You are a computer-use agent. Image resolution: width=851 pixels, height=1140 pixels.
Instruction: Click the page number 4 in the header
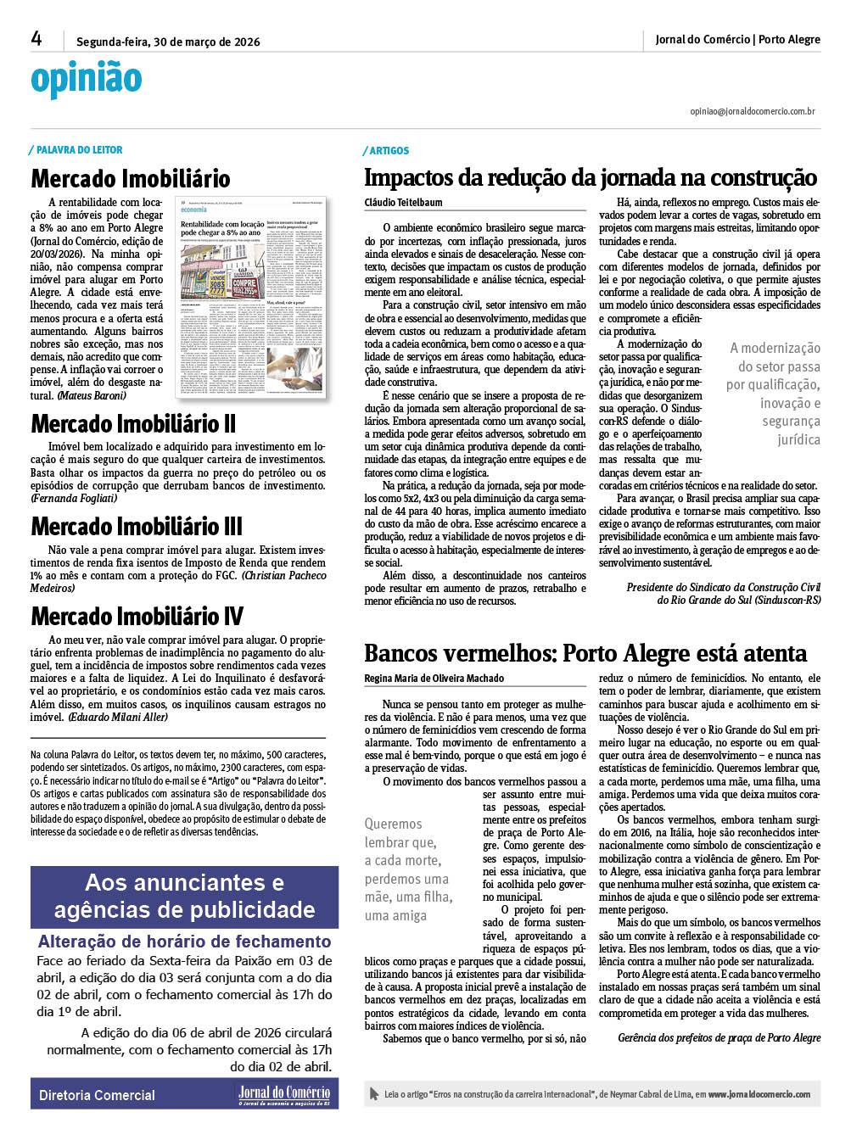(36, 38)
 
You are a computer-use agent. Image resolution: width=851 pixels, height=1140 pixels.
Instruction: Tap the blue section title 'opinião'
(86, 80)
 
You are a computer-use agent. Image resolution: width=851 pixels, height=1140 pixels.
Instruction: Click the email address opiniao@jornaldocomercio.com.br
(752, 111)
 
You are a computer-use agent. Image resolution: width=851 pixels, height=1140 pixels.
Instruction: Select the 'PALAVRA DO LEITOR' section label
(79, 150)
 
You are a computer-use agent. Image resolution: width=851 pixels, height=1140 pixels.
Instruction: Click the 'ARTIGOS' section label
(389, 151)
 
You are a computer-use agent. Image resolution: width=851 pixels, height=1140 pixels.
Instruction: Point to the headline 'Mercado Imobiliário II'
(133, 424)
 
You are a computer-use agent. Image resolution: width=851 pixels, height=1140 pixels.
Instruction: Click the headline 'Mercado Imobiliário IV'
(137, 617)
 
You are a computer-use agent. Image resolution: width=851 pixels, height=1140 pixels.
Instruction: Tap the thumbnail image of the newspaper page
(252, 297)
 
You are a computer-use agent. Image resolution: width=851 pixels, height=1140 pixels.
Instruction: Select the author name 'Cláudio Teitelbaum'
(403, 203)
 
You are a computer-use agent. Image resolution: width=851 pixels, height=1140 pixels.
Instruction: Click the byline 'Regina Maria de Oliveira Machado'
(434, 679)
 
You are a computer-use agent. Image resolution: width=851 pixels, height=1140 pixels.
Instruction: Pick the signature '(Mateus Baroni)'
(91, 395)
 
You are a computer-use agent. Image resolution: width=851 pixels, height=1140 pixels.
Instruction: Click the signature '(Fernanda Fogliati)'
(74, 498)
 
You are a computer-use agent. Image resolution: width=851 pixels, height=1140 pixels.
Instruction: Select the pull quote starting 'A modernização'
(773, 394)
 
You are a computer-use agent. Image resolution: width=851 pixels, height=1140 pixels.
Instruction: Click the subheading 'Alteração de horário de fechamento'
(184, 942)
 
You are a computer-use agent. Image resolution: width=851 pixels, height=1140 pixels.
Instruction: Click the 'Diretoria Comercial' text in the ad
(97, 1095)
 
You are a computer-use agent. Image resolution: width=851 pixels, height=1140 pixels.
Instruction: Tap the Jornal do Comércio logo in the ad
(283, 1094)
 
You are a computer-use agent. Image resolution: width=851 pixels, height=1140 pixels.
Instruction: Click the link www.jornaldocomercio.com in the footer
(759, 1094)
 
